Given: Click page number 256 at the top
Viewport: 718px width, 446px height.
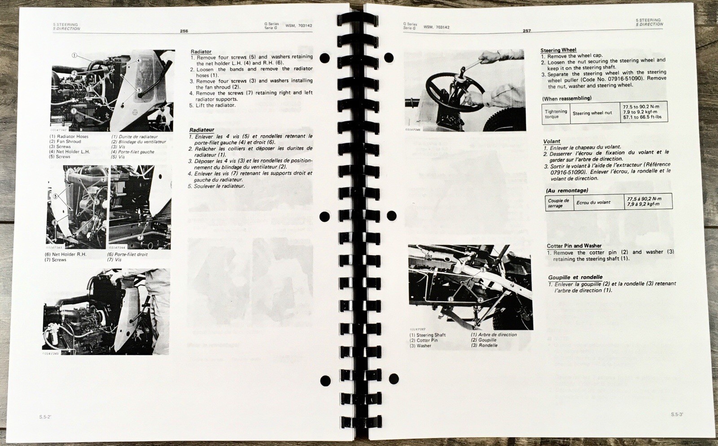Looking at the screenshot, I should [x=184, y=31].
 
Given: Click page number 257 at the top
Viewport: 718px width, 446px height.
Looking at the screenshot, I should [x=526, y=31].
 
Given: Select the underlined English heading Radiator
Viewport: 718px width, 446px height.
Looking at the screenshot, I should [x=201, y=52].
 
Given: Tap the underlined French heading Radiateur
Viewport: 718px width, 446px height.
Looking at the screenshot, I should [x=201, y=130].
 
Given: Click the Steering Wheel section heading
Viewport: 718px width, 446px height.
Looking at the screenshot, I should [x=558, y=50].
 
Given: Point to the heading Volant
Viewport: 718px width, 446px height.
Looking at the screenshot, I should [x=552, y=141].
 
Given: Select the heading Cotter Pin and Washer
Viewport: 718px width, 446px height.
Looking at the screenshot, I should [x=574, y=245].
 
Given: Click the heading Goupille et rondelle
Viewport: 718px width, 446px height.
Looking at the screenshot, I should [x=575, y=277].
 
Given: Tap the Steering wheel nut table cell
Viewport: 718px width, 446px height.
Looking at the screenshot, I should [x=592, y=113].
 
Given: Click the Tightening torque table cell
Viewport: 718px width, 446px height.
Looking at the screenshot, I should [x=556, y=114].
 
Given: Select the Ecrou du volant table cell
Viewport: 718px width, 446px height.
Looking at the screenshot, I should [x=593, y=202].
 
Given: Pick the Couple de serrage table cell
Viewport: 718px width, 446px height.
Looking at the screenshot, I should [x=558, y=203].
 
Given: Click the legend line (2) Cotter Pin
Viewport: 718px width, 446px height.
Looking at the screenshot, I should [x=423, y=340].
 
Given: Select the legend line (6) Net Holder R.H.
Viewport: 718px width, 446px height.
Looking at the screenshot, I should [x=65, y=254].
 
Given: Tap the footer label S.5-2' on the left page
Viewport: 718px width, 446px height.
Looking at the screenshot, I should [x=46, y=417].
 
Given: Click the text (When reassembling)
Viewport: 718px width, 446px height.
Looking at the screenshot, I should [x=566, y=98].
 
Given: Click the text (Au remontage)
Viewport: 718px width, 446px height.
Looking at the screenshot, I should [x=567, y=190].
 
